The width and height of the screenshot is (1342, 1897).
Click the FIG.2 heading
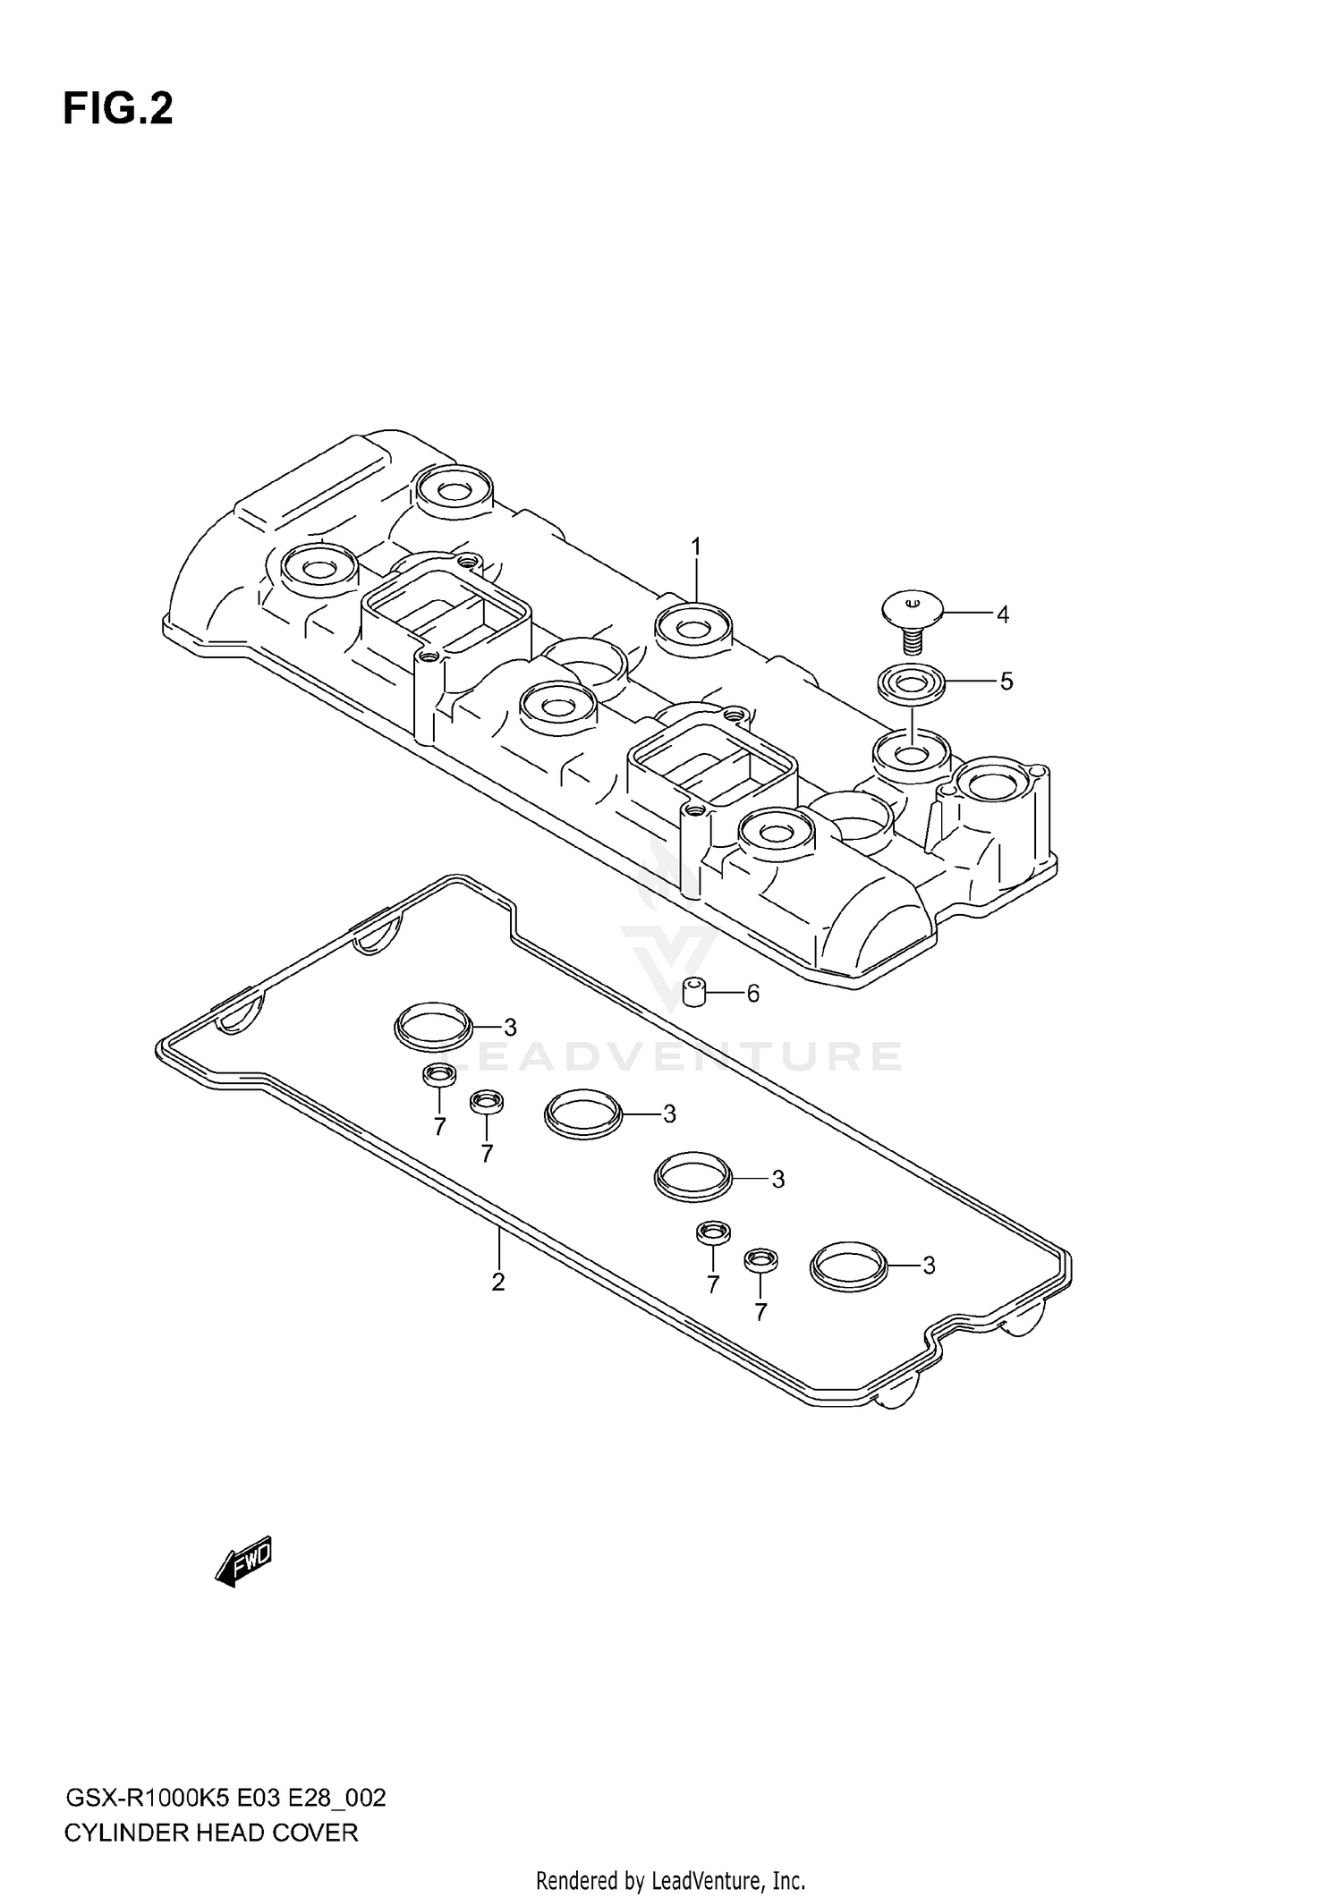point(117,109)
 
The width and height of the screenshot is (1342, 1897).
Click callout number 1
point(695,546)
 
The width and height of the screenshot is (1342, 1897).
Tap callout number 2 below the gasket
point(498,1282)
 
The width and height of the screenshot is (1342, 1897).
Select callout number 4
point(1002,614)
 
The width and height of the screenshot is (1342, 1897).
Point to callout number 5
point(1006,682)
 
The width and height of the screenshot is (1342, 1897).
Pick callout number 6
point(752,993)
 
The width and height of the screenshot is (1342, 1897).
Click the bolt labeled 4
point(910,617)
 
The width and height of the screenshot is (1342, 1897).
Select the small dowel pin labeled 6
point(695,992)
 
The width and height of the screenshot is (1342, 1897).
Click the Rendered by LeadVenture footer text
point(670,1880)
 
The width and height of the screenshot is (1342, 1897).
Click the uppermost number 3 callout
point(510,1026)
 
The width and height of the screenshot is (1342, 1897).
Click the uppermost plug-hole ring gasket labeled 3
point(433,1026)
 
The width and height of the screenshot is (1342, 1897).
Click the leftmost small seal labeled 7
point(438,1075)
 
